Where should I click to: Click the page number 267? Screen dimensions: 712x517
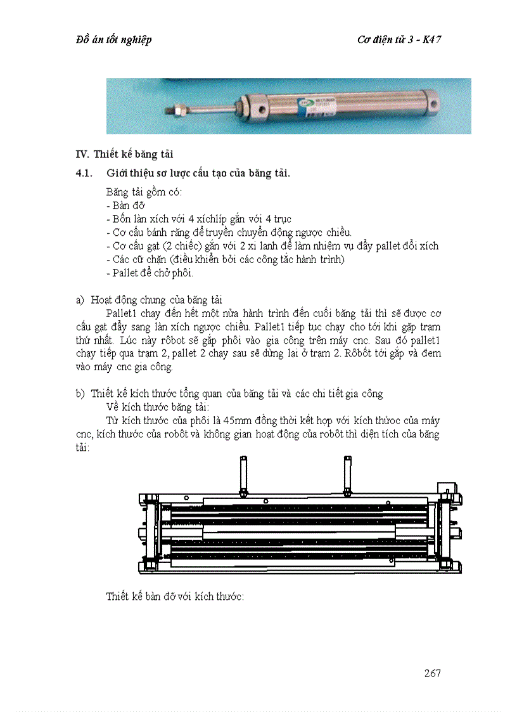pos(432,673)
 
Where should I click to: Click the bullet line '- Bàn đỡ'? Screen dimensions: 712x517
pos(126,205)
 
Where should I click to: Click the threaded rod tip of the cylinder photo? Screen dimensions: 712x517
pos(169,109)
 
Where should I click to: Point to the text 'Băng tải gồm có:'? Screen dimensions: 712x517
pos(144,192)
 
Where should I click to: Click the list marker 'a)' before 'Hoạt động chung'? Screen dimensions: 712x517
pos(80,300)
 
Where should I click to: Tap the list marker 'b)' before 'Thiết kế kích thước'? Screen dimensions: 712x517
pos(80,394)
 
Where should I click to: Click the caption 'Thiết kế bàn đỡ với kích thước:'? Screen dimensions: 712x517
pos(175,597)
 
